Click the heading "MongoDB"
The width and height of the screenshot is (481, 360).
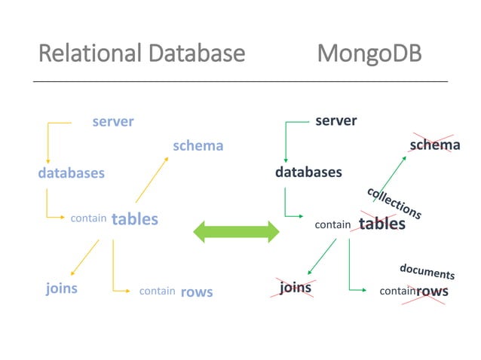(369, 53)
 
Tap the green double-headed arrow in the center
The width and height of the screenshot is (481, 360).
(237, 232)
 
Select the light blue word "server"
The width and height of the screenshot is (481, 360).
(112, 121)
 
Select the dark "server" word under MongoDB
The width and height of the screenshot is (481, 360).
(335, 121)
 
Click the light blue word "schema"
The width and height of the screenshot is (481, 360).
(198, 145)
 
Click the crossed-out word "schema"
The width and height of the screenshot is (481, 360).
(434, 145)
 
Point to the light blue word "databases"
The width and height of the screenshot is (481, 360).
(71, 172)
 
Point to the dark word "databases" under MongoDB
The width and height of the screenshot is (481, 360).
(308, 172)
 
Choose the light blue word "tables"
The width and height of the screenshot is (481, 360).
(135, 219)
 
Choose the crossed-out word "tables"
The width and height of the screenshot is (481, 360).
(381, 224)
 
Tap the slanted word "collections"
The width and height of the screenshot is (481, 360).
(394, 203)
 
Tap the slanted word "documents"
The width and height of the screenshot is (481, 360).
(427, 271)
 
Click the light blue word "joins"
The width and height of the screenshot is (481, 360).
(61, 288)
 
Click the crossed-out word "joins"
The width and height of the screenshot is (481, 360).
(295, 288)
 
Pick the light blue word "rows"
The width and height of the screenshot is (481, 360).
(196, 291)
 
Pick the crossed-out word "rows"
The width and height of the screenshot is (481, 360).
(432, 291)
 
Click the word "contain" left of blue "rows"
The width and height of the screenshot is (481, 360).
(157, 291)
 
